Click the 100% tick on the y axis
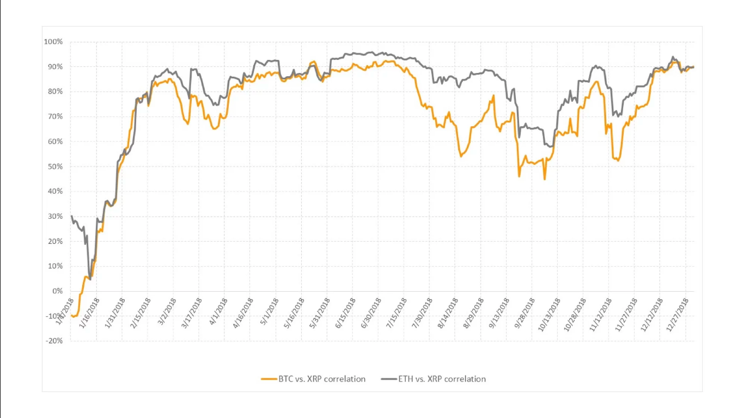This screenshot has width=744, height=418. click(x=54, y=42)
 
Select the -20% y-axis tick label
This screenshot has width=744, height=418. click(x=54, y=341)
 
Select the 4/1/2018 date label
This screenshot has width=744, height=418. click(x=217, y=311)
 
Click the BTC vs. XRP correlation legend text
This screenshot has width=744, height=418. click(x=322, y=379)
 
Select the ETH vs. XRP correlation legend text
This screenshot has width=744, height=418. click(x=442, y=379)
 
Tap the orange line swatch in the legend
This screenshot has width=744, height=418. click(x=269, y=379)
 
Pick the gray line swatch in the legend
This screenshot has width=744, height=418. click(x=389, y=379)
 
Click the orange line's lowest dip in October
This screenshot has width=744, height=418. click(x=545, y=179)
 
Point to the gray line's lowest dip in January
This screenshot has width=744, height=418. click(x=90, y=279)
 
